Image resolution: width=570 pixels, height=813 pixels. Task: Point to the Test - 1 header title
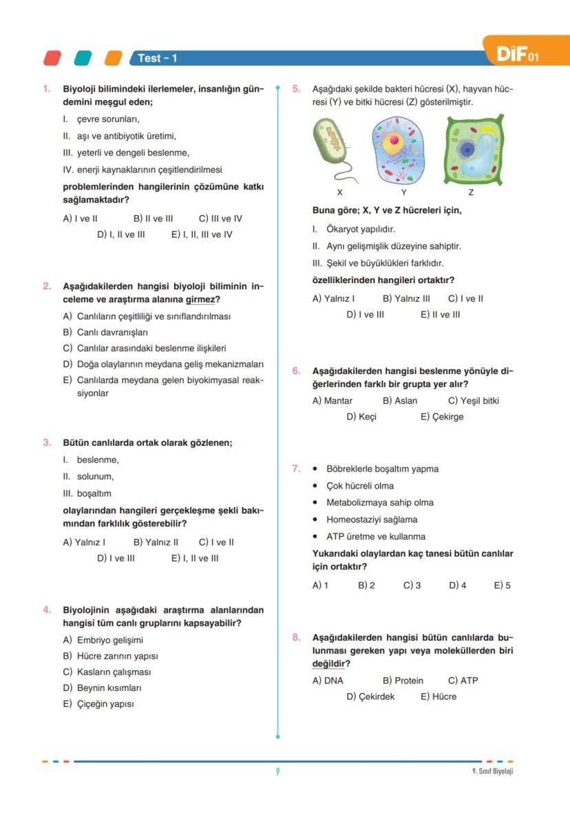click(x=158, y=59)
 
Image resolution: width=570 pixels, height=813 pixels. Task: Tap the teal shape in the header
click(x=83, y=58)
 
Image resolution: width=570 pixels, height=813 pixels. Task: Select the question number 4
click(x=47, y=610)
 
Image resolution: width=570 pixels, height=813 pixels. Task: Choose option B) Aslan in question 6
click(x=400, y=401)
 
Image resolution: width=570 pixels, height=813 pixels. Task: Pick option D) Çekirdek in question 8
click(x=370, y=697)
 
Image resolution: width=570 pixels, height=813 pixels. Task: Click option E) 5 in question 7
click(x=502, y=586)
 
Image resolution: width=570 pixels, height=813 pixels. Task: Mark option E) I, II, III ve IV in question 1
click(x=202, y=234)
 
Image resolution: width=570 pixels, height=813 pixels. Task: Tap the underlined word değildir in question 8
click(x=328, y=664)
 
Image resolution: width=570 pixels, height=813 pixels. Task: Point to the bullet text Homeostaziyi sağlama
click(x=372, y=519)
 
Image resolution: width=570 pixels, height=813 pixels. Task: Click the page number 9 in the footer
click(x=277, y=772)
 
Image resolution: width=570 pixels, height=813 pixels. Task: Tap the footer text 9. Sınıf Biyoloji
click(x=487, y=772)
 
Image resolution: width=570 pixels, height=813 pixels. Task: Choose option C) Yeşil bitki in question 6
click(x=473, y=401)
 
